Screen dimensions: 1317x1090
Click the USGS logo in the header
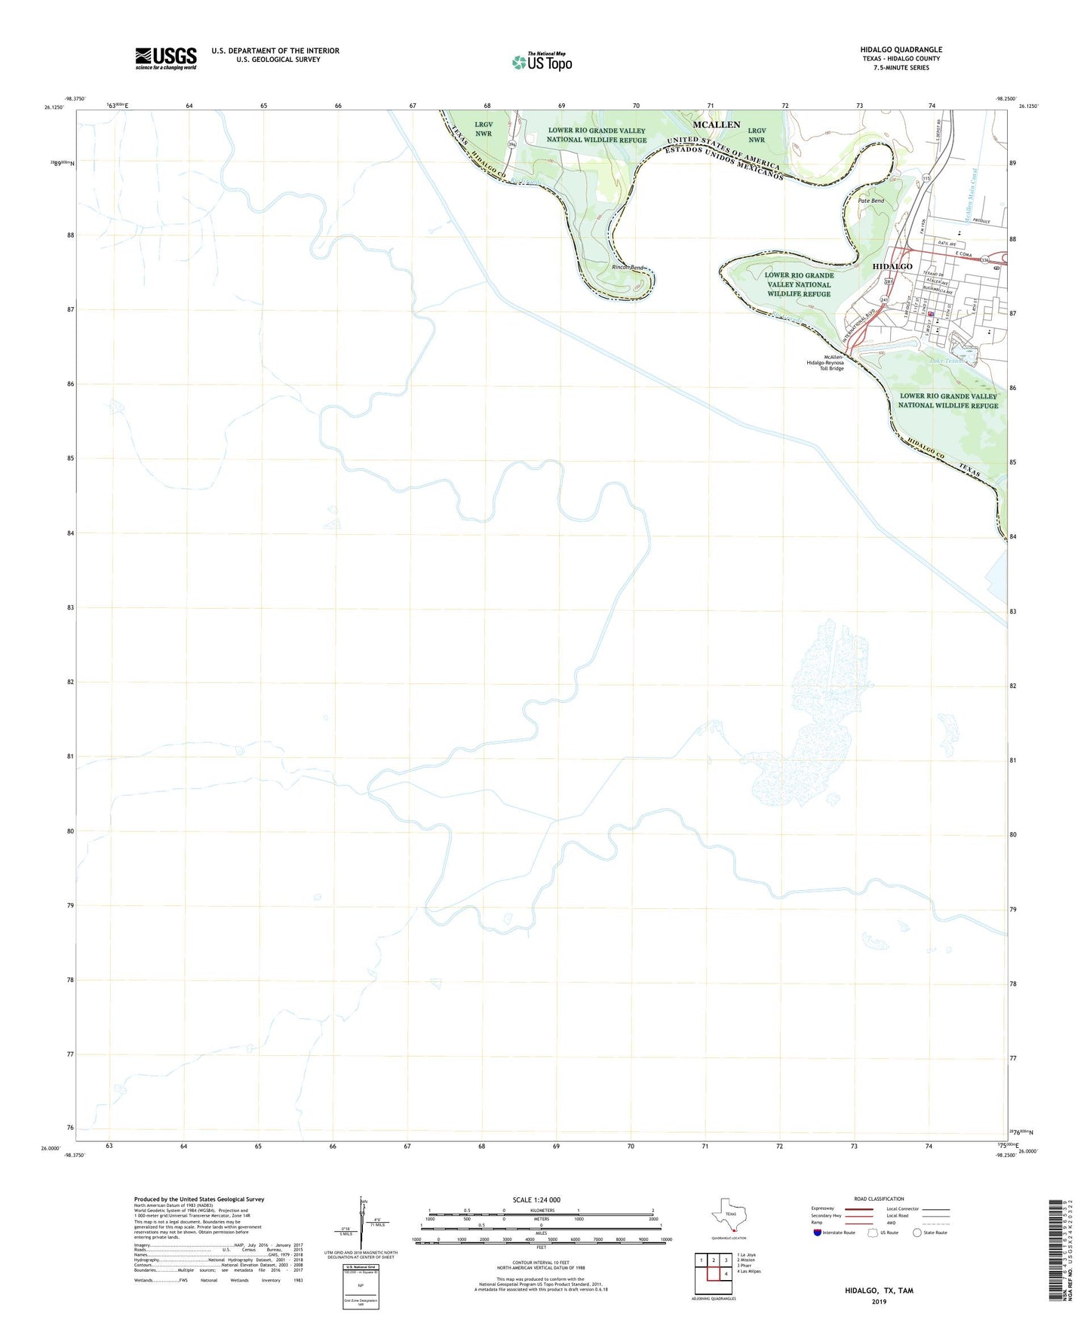point(166,58)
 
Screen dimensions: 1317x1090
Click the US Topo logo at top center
point(542,62)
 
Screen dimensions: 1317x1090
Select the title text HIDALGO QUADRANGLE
point(901,50)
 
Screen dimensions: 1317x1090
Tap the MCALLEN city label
point(717,124)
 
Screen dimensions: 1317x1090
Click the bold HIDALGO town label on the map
point(892,267)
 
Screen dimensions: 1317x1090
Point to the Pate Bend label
point(871,201)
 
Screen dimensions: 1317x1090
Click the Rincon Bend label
point(627,268)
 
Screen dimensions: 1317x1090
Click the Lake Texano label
point(947,361)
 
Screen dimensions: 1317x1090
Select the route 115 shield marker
point(926,178)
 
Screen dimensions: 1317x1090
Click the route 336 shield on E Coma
point(985,260)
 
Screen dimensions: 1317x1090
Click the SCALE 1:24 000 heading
point(536,1200)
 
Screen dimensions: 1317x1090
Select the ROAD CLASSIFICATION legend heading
point(879,1199)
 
